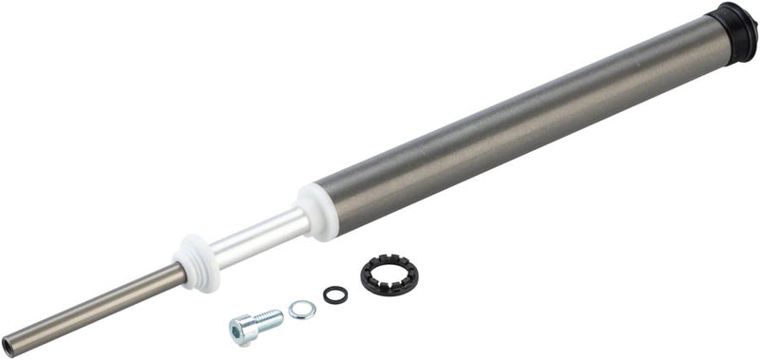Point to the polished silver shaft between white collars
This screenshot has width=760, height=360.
256,237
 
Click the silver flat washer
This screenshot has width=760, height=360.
302,309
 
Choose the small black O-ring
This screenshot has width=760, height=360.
334,294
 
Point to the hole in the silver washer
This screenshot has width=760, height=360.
302,309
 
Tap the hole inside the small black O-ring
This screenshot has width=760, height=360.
334,294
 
